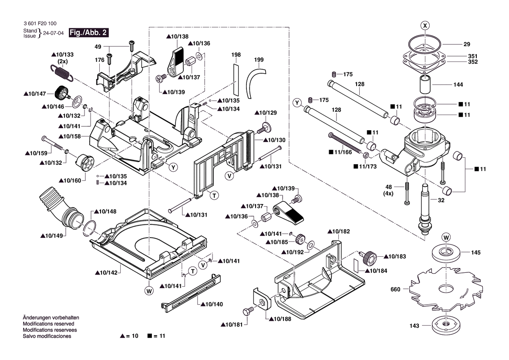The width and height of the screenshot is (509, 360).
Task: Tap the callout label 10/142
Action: click(x=106, y=273)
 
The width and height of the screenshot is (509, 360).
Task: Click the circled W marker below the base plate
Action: click(x=149, y=290)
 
